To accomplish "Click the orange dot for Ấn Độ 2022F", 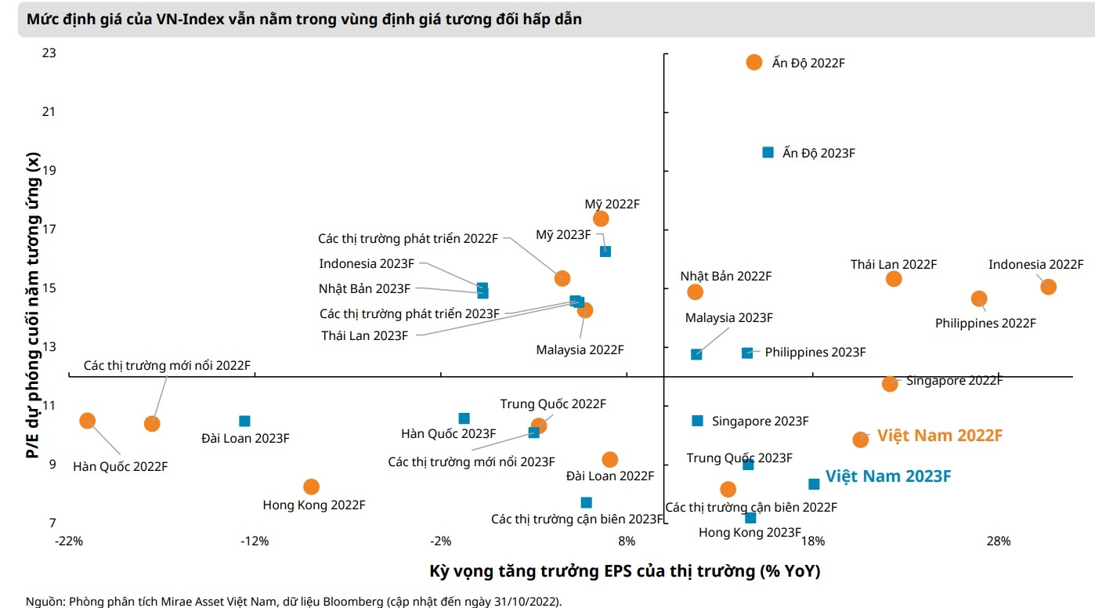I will [754, 62].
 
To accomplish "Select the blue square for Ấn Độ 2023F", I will [768, 152].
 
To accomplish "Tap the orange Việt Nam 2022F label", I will [939, 436].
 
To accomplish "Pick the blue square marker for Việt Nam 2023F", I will [814, 484].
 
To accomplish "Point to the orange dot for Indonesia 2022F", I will [1048, 287].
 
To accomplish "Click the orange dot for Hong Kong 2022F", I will [311, 487].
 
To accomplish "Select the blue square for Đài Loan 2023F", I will [244, 421].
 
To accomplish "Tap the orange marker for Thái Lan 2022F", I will [894, 279].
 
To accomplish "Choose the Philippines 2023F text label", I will [815, 353].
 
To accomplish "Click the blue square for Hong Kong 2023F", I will [750, 518].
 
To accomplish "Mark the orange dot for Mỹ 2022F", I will [601, 219].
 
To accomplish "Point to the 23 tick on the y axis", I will [49, 53].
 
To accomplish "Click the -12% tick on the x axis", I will [254, 541].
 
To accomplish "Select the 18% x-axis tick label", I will [812, 541].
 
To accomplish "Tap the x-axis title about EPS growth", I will [624, 570].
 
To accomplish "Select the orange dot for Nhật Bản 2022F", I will [695, 291].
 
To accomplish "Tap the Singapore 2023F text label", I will [760, 422].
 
